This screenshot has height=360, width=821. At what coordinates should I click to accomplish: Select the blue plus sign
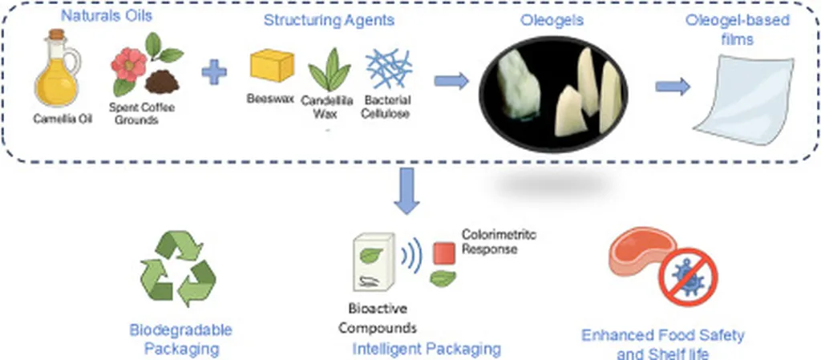coord(213,73)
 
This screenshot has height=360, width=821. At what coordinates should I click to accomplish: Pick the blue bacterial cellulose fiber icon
coord(389,69)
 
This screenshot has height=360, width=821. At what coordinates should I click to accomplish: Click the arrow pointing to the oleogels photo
coord(451,80)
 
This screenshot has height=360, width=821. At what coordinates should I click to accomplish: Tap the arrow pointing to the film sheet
coord(673,87)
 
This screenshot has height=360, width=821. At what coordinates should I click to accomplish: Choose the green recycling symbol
coord(178,271)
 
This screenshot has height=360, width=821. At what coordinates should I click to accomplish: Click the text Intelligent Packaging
coord(427,349)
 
